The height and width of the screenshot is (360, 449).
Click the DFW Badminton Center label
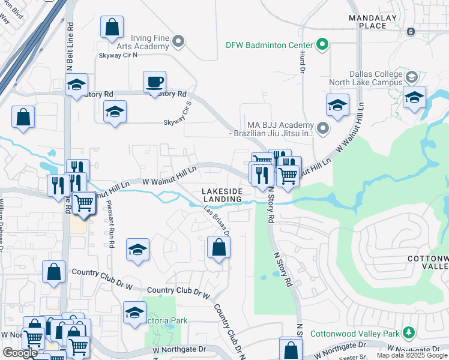pos(270,45)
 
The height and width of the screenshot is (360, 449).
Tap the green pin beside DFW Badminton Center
pos(321,44)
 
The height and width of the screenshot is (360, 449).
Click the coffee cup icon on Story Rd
pos(154,82)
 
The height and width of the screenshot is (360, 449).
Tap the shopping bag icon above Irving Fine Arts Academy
pos(112,27)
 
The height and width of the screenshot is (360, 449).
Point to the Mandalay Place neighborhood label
pos(376,22)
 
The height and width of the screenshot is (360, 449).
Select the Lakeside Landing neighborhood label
pos(223,194)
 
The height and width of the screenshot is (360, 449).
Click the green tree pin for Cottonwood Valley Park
pos(408,332)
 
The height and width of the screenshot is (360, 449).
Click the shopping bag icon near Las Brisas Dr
pos(218,247)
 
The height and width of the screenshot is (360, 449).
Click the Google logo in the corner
pos(20,353)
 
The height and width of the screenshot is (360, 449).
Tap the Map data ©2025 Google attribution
pos(412,355)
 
